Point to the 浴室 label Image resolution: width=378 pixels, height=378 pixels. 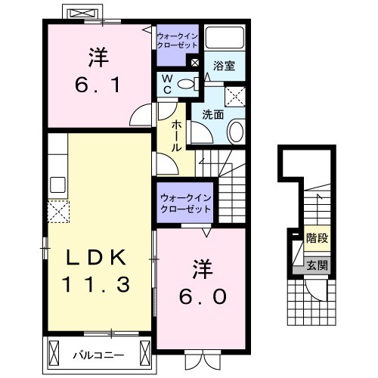pyautogui.click(x=225, y=67)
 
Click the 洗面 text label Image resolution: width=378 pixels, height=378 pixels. pyautogui.click(x=212, y=116)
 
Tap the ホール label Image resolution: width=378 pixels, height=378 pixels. pyautogui.click(x=175, y=136)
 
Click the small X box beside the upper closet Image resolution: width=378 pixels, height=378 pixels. pyautogui.click(x=196, y=63)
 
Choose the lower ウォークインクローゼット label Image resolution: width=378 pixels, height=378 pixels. pyautogui.click(x=184, y=203)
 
